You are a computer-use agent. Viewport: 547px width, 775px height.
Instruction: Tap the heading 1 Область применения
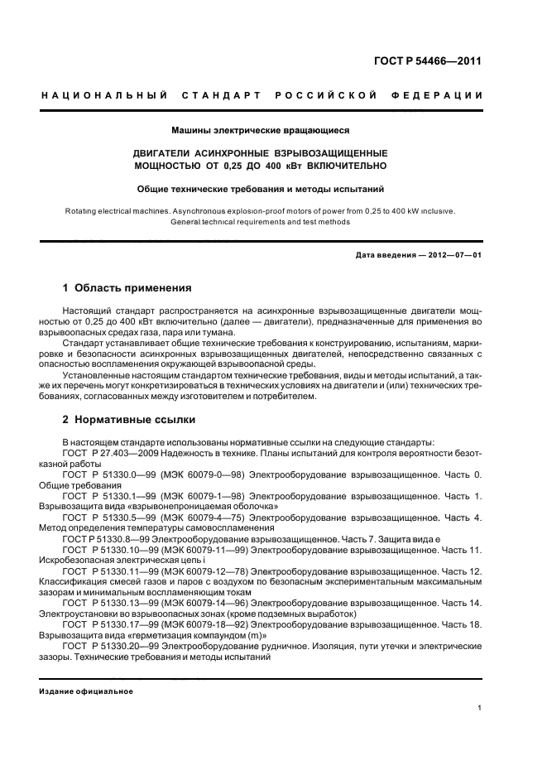point(127,288)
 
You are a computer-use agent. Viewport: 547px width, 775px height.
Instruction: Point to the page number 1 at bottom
point(480,708)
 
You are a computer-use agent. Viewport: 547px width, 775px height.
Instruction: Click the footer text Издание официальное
point(86,691)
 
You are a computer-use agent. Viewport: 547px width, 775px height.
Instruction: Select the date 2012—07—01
point(449,254)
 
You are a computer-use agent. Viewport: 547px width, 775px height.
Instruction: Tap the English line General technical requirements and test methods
point(260,222)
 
